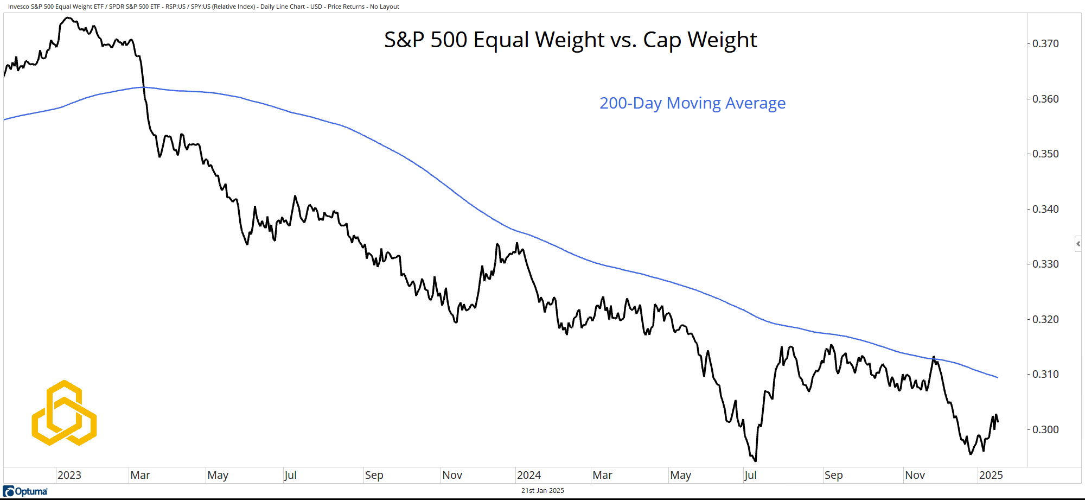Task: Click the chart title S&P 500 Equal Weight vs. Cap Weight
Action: [570, 40]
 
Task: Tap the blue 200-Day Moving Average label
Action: [692, 103]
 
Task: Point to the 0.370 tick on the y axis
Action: [1045, 44]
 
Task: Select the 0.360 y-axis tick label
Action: [1045, 99]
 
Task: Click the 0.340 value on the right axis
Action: [1045, 209]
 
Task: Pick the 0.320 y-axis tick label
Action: [1045, 319]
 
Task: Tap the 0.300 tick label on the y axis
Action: [1045, 429]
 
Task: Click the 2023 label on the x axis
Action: [69, 475]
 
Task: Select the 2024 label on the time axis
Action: [528, 475]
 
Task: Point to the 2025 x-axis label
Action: [991, 475]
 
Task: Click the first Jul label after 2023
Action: [290, 475]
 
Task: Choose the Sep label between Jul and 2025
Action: [833, 475]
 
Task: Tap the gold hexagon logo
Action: [64, 413]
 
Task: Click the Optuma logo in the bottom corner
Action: [25, 491]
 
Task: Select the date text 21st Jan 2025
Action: [542, 491]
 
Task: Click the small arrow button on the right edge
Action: [1078, 244]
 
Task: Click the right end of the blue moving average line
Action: [998, 377]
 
